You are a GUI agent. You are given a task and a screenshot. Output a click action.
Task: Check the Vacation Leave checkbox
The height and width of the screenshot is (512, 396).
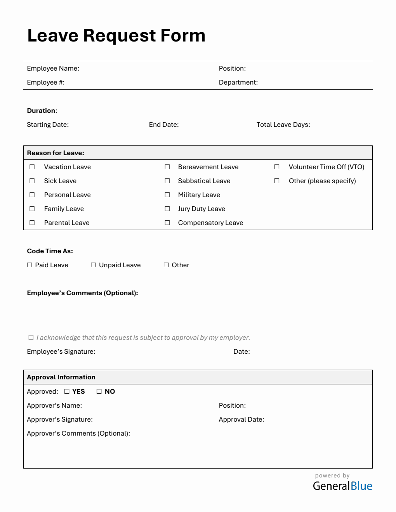[x=32, y=167]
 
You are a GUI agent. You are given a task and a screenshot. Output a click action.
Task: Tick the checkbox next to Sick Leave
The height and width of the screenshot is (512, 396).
[x=32, y=181]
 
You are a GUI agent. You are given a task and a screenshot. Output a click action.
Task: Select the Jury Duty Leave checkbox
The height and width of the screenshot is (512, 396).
[x=167, y=209]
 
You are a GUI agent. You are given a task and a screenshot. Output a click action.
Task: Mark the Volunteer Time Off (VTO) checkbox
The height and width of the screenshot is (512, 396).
[x=277, y=167]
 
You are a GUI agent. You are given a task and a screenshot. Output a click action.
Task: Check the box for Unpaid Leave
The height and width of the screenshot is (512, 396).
[x=93, y=265]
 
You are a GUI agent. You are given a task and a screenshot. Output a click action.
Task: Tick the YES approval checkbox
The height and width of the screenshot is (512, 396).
[x=67, y=391]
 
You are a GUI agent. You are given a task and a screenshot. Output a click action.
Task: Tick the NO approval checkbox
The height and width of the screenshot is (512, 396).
[x=99, y=391]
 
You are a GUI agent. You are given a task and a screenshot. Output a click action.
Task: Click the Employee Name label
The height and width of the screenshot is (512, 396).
[x=53, y=68]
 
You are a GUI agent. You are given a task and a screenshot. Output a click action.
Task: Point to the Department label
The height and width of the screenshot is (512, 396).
[x=238, y=82]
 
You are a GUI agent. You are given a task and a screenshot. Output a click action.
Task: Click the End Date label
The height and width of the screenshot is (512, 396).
[x=163, y=125]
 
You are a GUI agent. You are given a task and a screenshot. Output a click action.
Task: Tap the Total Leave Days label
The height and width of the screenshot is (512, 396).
[x=283, y=125]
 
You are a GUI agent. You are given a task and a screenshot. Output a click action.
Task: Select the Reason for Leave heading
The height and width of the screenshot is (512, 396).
[x=56, y=153]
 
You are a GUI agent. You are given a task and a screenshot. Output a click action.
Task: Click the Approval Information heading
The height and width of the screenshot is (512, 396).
[x=61, y=377]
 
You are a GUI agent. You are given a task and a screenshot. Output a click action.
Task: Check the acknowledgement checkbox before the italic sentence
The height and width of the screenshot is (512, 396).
[x=31, y=337]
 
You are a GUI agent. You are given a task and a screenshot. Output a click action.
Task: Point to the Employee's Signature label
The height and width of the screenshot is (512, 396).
[x=61, y=351]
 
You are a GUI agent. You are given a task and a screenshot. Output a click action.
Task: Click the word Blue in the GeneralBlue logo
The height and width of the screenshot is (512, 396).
[x=361, y=486]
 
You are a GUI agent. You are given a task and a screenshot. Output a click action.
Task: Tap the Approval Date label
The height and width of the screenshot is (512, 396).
[x=241, y=419]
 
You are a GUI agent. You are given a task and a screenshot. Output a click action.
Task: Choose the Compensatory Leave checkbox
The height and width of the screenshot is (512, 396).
[x=167, y=223]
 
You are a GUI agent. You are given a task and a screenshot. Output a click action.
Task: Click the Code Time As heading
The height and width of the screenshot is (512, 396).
[x=50, y=251]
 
